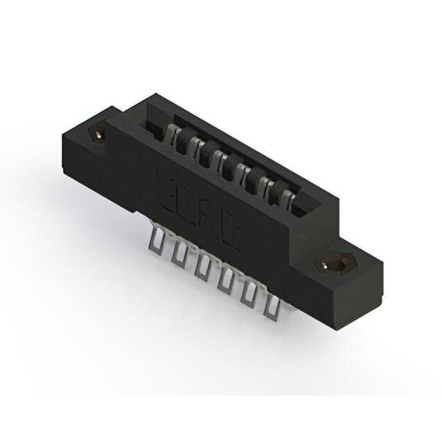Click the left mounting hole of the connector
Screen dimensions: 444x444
98,133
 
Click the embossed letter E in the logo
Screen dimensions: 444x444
168,187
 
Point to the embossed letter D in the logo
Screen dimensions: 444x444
190,202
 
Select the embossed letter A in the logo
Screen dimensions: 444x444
211,218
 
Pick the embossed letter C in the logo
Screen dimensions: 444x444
233,233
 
